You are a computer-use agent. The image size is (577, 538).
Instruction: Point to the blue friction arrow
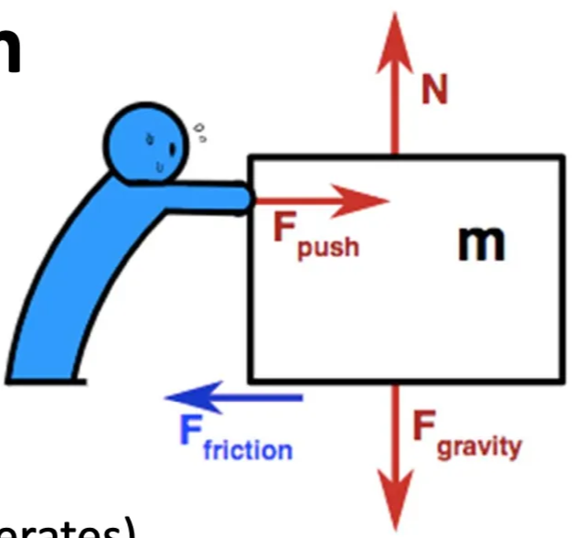[233, 398]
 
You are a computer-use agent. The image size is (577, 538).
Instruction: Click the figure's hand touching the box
[240, 199]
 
